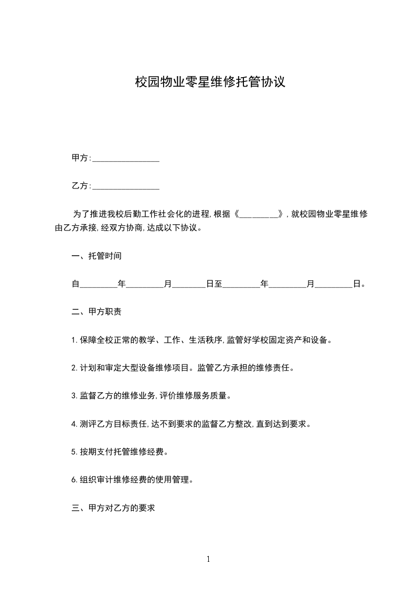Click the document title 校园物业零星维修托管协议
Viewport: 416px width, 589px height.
[x=210, y=82]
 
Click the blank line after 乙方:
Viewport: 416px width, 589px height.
[x=126, y=187]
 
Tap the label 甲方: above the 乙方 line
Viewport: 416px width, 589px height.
[x=81, y=158]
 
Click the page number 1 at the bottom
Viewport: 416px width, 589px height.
[x=208, y=560]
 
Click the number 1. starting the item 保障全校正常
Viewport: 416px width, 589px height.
[x=74, y=340]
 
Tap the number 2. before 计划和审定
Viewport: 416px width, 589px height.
[x=74, y=368]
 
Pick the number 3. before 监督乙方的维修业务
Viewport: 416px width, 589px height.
[x=74, y=396]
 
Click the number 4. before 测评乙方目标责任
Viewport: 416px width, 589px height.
[x=74, y=424]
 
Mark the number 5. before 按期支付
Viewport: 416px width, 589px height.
[x=74, y=451]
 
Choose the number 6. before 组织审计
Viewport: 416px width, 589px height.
[x=74, y=479]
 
